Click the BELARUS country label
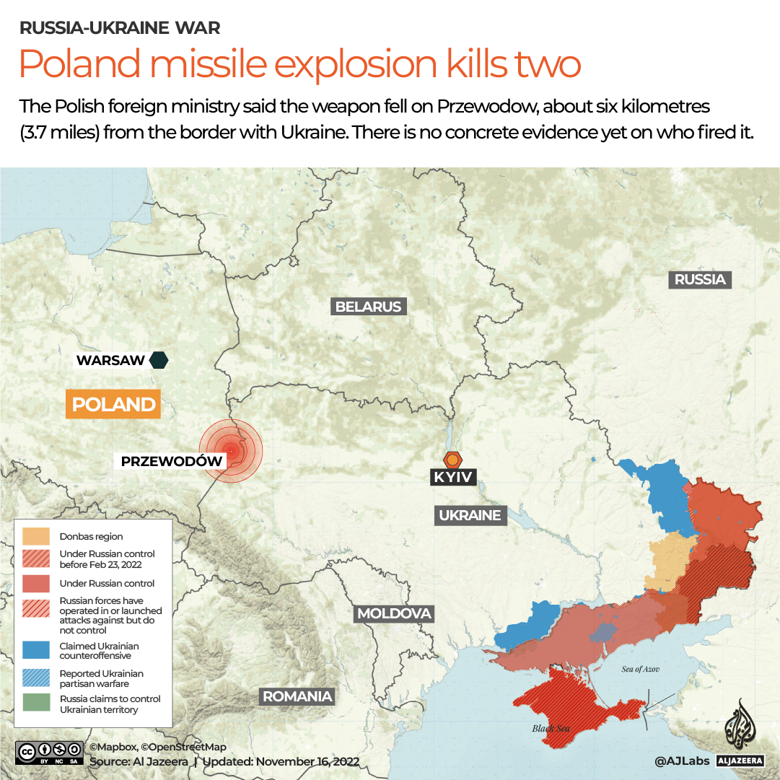click(x=368, y=307)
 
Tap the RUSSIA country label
click(x=699, y=279)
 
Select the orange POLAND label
click(x=113, y=404)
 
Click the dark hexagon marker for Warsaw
click(x=159, y=360)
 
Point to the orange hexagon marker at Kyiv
click(x=452, y=459)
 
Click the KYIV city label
click(x=452, y=477)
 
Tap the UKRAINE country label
click(x=470, y=515)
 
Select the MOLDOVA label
click(x=394, y=614)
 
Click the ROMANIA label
click(x=297, y=696)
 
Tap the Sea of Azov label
click(x=641, y=669)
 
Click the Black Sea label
click(x=551, y=728)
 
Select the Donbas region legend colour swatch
click(x=36, y=536)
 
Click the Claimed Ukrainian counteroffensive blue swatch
click(x=36, y=650)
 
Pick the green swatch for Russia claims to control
click(x=36, y=704)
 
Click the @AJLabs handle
click(x=680, y=761)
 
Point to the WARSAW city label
click(x=111, y=360)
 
